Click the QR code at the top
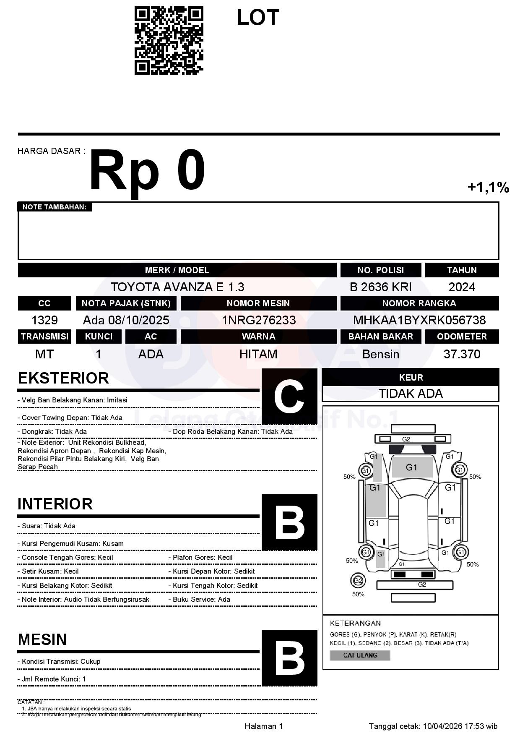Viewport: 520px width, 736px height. point(169,41)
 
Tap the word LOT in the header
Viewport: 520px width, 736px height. point(257,18)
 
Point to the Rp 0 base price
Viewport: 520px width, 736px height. point(147,171)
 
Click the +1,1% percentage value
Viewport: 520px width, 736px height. point(488,187)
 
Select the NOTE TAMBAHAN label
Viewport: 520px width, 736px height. point(55,207)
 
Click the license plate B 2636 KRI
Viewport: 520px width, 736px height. point(380,287)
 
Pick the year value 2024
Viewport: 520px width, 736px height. point(462,287)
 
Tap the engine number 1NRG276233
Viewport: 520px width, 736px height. point(258,320)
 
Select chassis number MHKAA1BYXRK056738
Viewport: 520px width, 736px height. point(419,320)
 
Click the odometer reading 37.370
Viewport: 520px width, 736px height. point(462,354)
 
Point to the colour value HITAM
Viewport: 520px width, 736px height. point(258,354)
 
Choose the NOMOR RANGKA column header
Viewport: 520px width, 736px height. point(419,303)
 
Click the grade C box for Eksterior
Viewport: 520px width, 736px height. point(289,396)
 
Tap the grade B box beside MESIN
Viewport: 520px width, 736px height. point(289,658)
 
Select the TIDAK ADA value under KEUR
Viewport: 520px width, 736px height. point(411,394)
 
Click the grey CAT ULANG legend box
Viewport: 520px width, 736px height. point(360,655)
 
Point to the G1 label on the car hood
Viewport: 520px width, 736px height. point(411,467)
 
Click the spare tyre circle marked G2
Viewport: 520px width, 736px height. point(358,581)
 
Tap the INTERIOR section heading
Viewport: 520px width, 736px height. point(55,504)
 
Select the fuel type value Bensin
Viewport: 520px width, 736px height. point(380,354)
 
